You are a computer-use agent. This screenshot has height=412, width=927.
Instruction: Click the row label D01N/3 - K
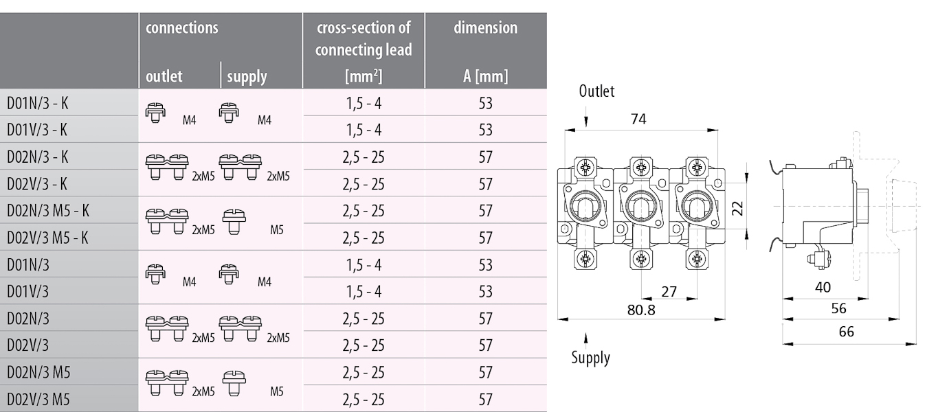click(38, 103)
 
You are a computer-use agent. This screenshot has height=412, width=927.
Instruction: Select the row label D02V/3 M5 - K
click(47, 238)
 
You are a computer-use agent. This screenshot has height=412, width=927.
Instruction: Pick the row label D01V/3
click(28, 292)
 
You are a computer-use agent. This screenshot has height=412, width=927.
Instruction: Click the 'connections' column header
click(182, 28)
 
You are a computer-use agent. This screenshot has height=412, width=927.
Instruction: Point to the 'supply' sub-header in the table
click(247, 76)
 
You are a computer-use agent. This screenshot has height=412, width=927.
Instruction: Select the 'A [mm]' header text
click(485, 76)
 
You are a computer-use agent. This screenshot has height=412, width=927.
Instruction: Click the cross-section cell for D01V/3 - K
click(363, 130)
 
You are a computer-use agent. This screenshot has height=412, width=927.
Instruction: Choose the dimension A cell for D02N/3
click(485, 319)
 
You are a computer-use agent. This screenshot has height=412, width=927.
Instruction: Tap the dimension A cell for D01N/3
click(485, 265)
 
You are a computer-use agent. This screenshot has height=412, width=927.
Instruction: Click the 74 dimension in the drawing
click(638, 119)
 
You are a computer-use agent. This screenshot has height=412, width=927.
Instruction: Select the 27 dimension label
click(669, 292)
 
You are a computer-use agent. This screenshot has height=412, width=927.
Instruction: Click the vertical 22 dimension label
click(738, 207)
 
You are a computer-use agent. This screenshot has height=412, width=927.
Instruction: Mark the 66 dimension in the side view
click(846, 332)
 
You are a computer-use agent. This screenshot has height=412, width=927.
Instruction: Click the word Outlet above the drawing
click(596, 91)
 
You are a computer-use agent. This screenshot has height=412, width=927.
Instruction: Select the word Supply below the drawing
click(591, 358)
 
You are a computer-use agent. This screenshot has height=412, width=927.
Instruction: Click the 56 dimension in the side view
click(838, 309)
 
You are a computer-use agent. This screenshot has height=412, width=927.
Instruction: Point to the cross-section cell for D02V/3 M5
click(363, 400)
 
